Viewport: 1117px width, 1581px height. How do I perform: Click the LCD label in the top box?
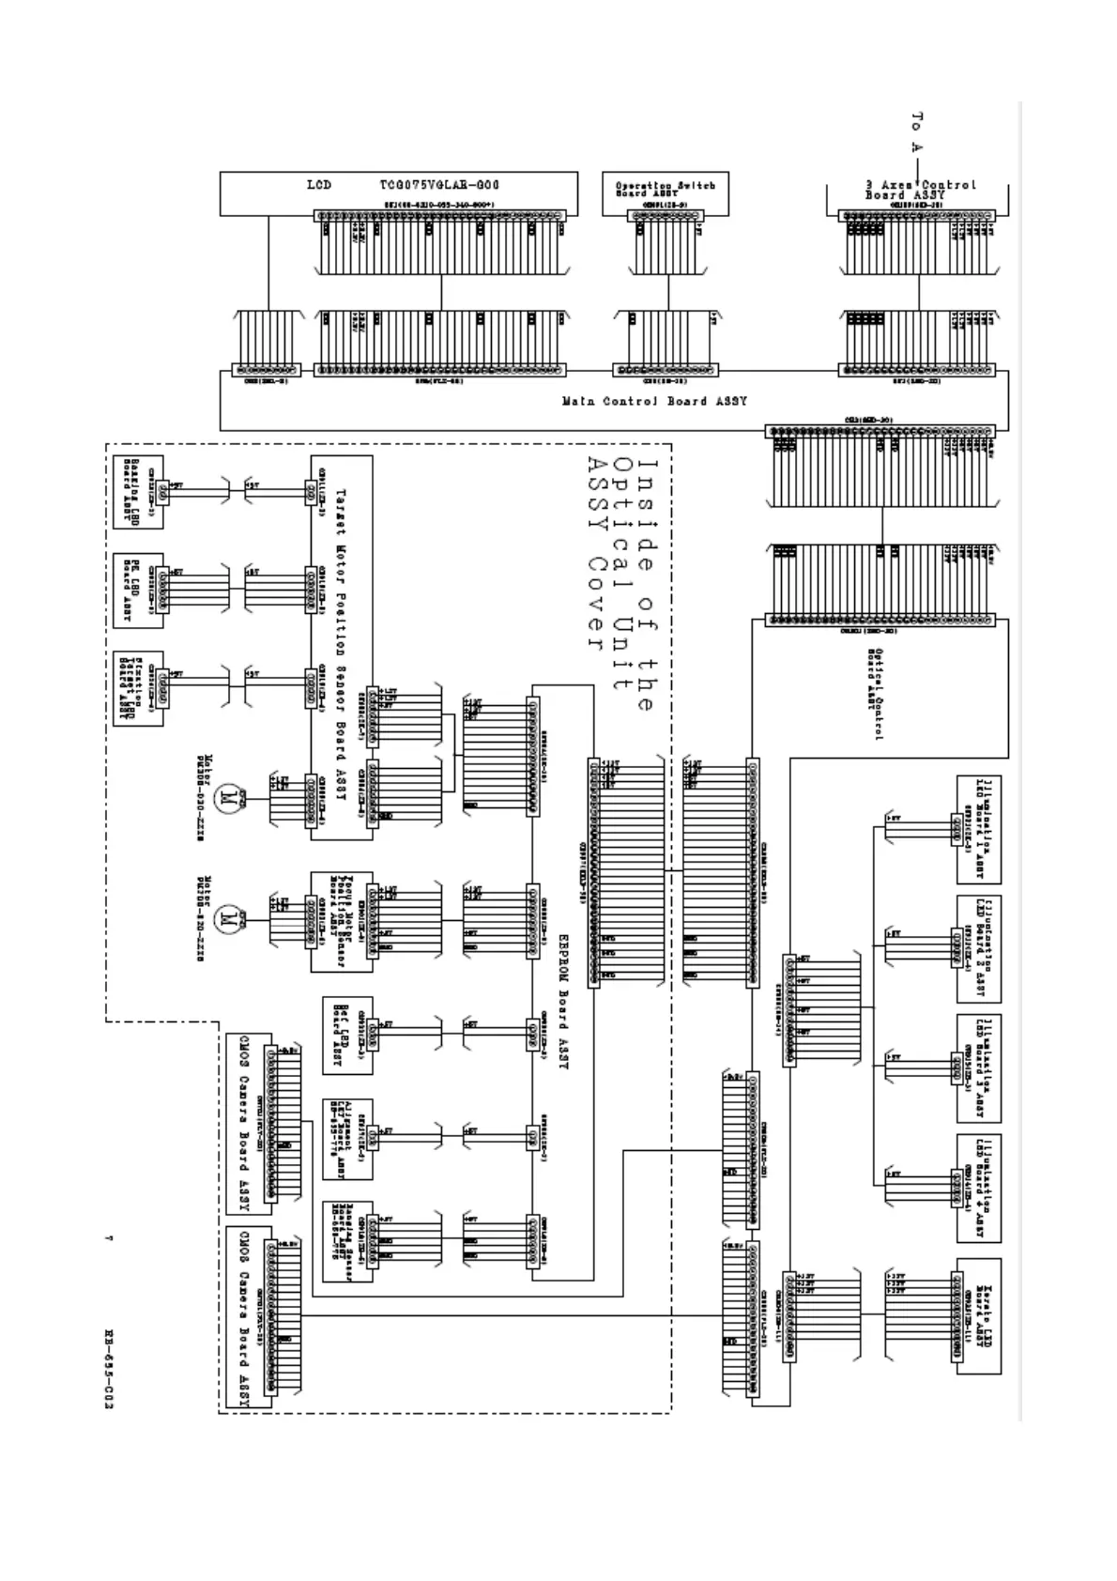tap(319, 185)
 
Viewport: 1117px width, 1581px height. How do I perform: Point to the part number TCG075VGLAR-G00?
tap(439, 185)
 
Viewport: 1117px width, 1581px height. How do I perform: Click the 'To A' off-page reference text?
tap(917, 132)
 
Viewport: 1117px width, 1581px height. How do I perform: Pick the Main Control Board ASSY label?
tap(654, 402)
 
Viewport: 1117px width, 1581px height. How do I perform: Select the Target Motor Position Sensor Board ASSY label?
tap(341, 648)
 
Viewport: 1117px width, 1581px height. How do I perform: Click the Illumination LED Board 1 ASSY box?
tap(978, 829)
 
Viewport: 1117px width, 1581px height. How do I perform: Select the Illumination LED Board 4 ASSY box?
tap(978, 1188)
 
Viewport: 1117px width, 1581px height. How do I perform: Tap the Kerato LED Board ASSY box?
tap(978, 1315)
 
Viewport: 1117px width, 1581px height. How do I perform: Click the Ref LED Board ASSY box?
tap(346, 1036)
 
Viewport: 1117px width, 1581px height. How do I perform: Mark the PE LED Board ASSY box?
tap(138, 590)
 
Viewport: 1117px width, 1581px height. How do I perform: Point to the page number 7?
tap(109, 1241)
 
